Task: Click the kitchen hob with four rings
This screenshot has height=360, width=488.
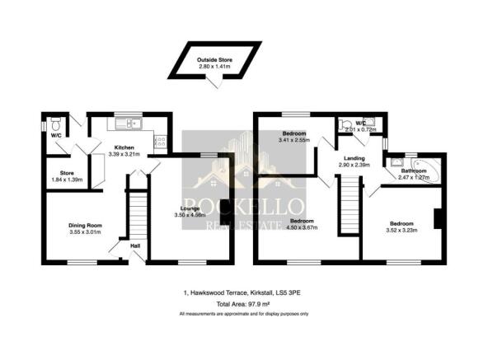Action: [160, 142]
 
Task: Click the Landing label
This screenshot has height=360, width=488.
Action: [354, 158]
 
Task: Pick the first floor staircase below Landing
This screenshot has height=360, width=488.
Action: [352, 206]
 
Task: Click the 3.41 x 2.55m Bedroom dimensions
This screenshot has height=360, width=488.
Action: [294, 140]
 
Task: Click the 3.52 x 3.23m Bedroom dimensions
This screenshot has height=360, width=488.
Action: [401, 230]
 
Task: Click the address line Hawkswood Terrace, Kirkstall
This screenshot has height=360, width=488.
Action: [244, 292]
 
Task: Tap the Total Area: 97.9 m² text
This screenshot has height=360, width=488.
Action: [244, 304]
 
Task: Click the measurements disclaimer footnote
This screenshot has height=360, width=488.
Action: [244, 314]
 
